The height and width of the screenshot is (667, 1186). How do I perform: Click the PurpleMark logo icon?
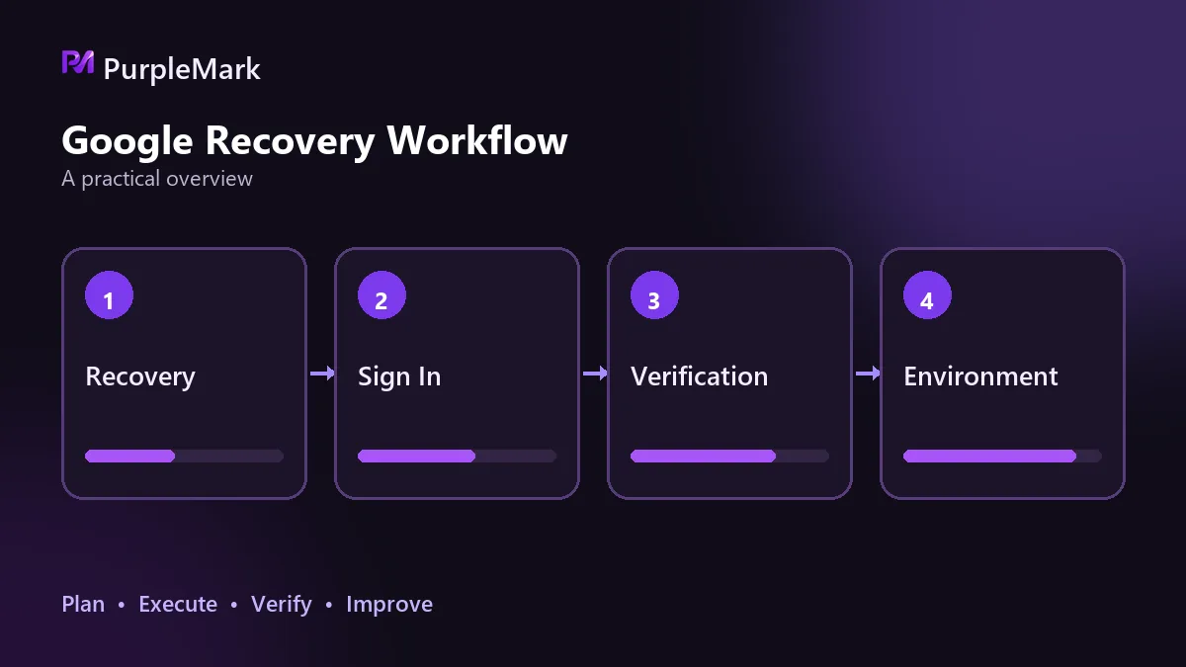(x=78, y=62)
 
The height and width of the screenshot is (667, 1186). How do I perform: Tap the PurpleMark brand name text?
(x=182, y=69)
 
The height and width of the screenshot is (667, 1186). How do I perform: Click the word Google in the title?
(x=127, y=141)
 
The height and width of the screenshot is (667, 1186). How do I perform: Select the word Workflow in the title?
(x=477, y=140)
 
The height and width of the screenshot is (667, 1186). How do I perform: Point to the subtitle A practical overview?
(x=157, y=179)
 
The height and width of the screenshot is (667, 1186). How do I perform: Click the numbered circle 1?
(x=109, y=294)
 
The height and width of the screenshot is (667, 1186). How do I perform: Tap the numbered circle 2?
(x=381, y=294)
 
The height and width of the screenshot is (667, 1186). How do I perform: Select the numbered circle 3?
(x=654, y=294)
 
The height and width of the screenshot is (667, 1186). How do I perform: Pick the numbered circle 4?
(x=927, y=294)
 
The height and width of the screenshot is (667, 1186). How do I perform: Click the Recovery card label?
(x=140, y=377)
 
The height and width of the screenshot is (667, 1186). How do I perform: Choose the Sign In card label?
(x=399, y=377)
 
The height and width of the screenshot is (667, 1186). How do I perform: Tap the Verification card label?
(x=699, y=376)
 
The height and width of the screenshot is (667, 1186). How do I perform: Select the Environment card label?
(x=980, y=376)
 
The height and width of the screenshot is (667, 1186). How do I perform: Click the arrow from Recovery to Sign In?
(x=322, y=374)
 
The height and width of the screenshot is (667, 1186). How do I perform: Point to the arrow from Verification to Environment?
(x=868, y=374)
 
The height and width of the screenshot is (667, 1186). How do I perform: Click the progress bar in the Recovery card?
(x=184, y=456)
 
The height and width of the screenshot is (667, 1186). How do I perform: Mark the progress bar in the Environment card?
(x=1002, y=456)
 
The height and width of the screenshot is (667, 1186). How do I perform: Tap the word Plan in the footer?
(x=83, y=604)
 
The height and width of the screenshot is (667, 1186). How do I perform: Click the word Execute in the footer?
(x=178, y=604)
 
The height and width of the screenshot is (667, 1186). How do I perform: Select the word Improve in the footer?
(x=389, y=605)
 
